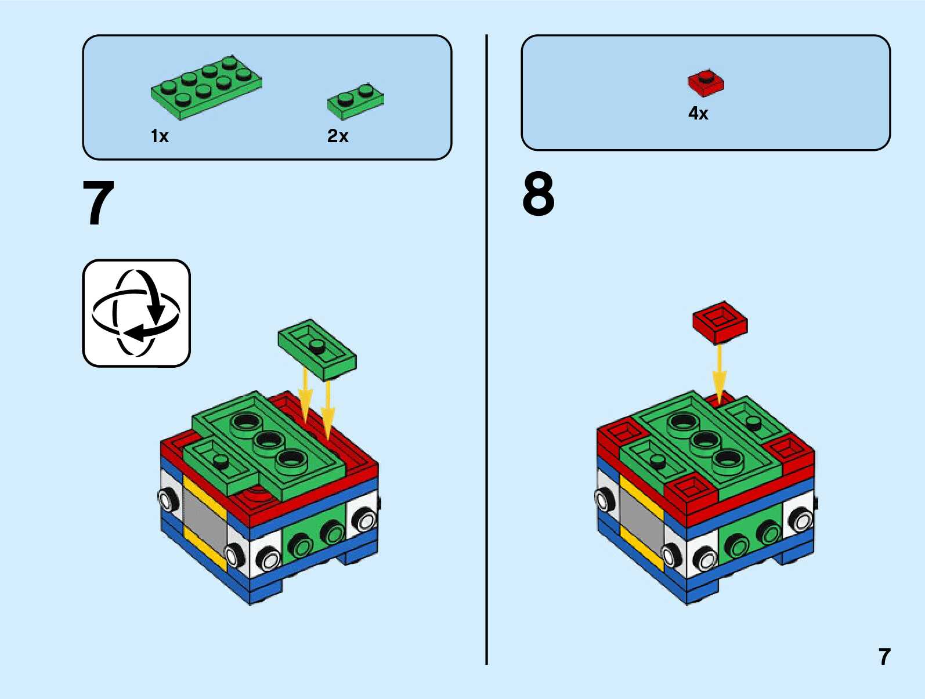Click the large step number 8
pos(538,194)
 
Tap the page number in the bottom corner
pos(884,657)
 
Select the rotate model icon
pos(136,313)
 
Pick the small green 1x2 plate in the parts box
pos(355,100)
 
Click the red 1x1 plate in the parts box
pos(706,83)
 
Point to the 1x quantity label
pos(160,136)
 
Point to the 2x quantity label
pos(338,136)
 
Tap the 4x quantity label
pos(698,113)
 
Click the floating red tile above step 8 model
pos(720,321)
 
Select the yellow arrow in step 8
pos(719,374)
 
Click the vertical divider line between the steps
pos(486,348)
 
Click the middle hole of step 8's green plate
pos(704,441)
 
